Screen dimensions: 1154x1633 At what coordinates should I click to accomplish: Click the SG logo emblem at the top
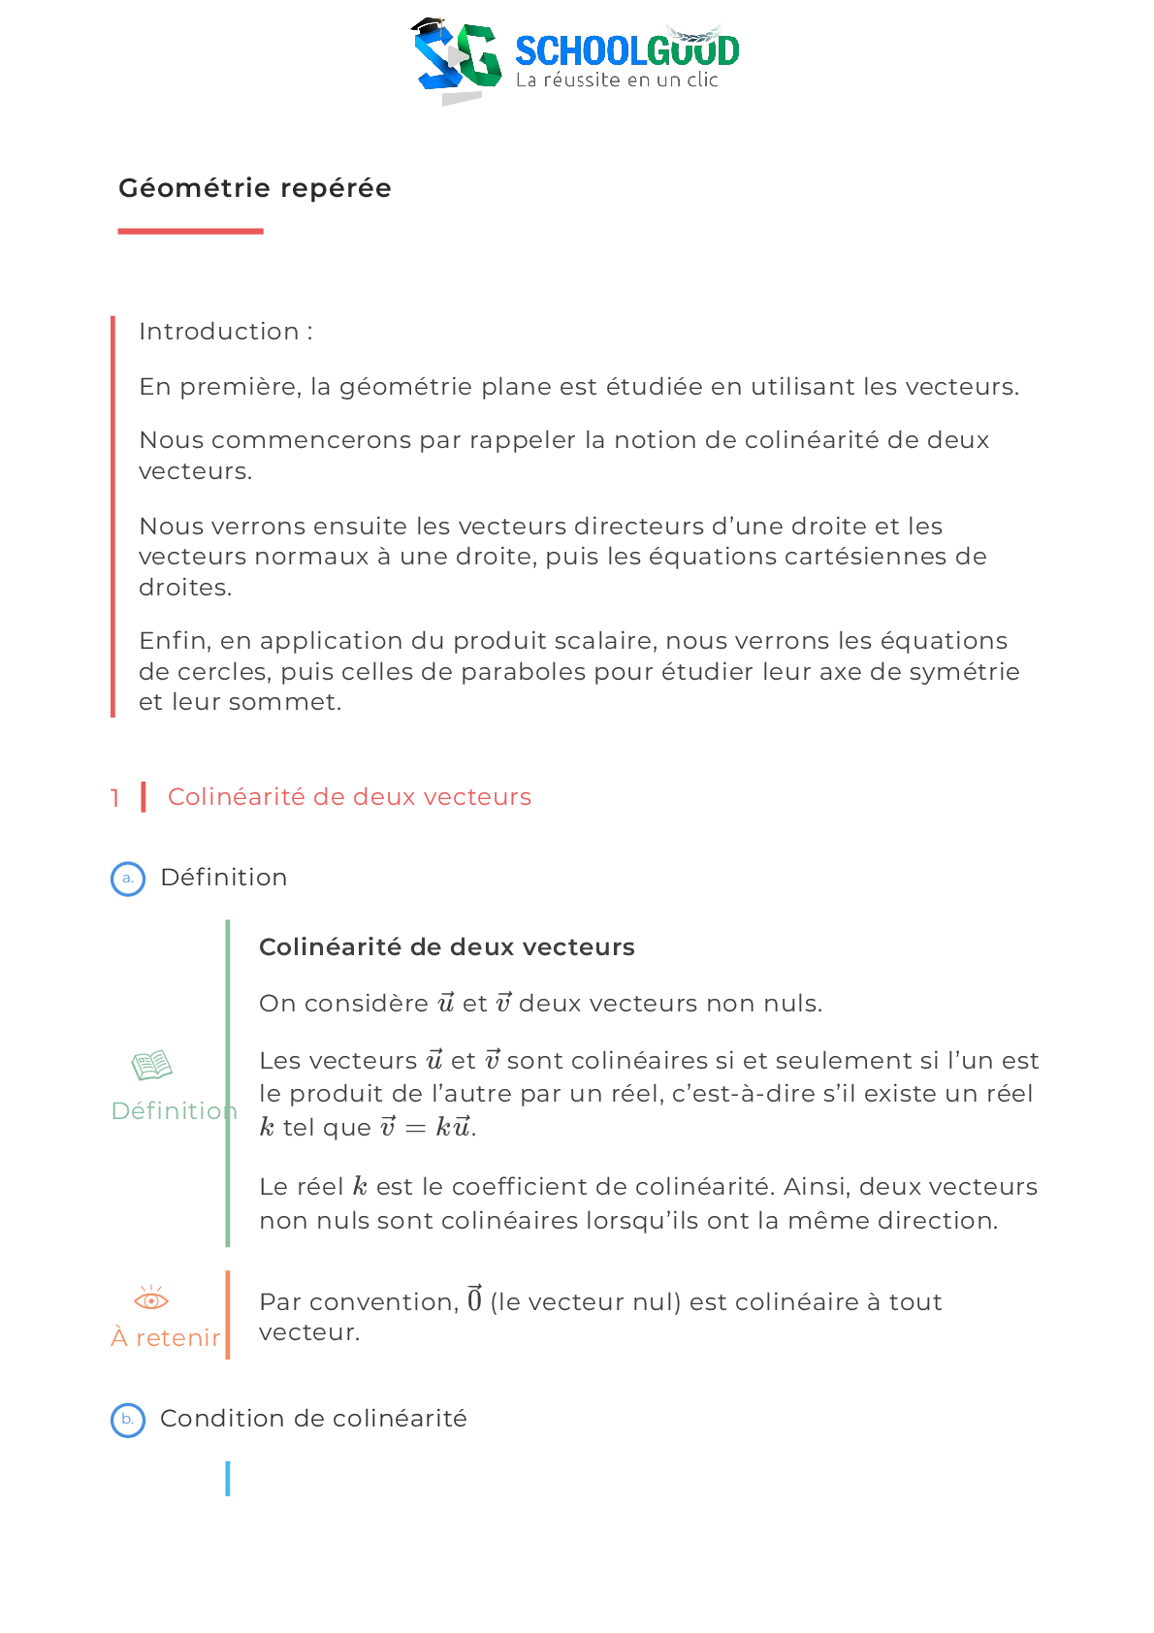(457, 60)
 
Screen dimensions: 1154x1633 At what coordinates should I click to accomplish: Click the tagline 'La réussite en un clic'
(617, 80)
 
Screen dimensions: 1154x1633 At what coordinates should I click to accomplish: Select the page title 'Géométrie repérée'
(255, 188)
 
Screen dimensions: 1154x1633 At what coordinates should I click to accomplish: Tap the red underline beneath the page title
(190, 231)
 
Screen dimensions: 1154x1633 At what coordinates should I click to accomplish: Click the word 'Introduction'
(219, 331)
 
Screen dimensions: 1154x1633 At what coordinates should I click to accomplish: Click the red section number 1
(114, 797)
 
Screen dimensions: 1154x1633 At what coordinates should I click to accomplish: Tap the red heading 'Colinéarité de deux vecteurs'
(349, 797)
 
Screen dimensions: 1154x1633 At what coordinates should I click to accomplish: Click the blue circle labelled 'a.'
(128, 879)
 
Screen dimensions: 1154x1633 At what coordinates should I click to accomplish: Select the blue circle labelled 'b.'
(128, 1420)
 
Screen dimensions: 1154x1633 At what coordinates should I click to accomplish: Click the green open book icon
(151, 1065)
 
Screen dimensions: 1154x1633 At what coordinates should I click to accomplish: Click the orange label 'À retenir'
(166, 1338)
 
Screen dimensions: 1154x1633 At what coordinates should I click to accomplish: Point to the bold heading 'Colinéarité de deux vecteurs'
(447, 947)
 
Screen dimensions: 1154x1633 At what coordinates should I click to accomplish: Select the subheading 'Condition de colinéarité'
(313, 1418)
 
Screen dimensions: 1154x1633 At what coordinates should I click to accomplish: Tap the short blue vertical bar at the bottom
(228, 1479)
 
